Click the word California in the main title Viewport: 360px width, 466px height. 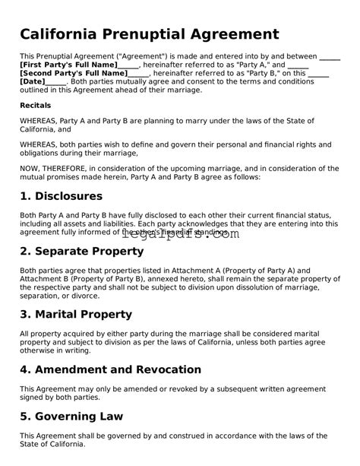63,34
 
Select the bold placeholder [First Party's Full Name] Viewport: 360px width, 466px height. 69,65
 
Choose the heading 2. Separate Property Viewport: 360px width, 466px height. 82,251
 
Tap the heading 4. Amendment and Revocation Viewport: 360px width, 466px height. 111,369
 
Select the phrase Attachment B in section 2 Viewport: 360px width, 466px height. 48,278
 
